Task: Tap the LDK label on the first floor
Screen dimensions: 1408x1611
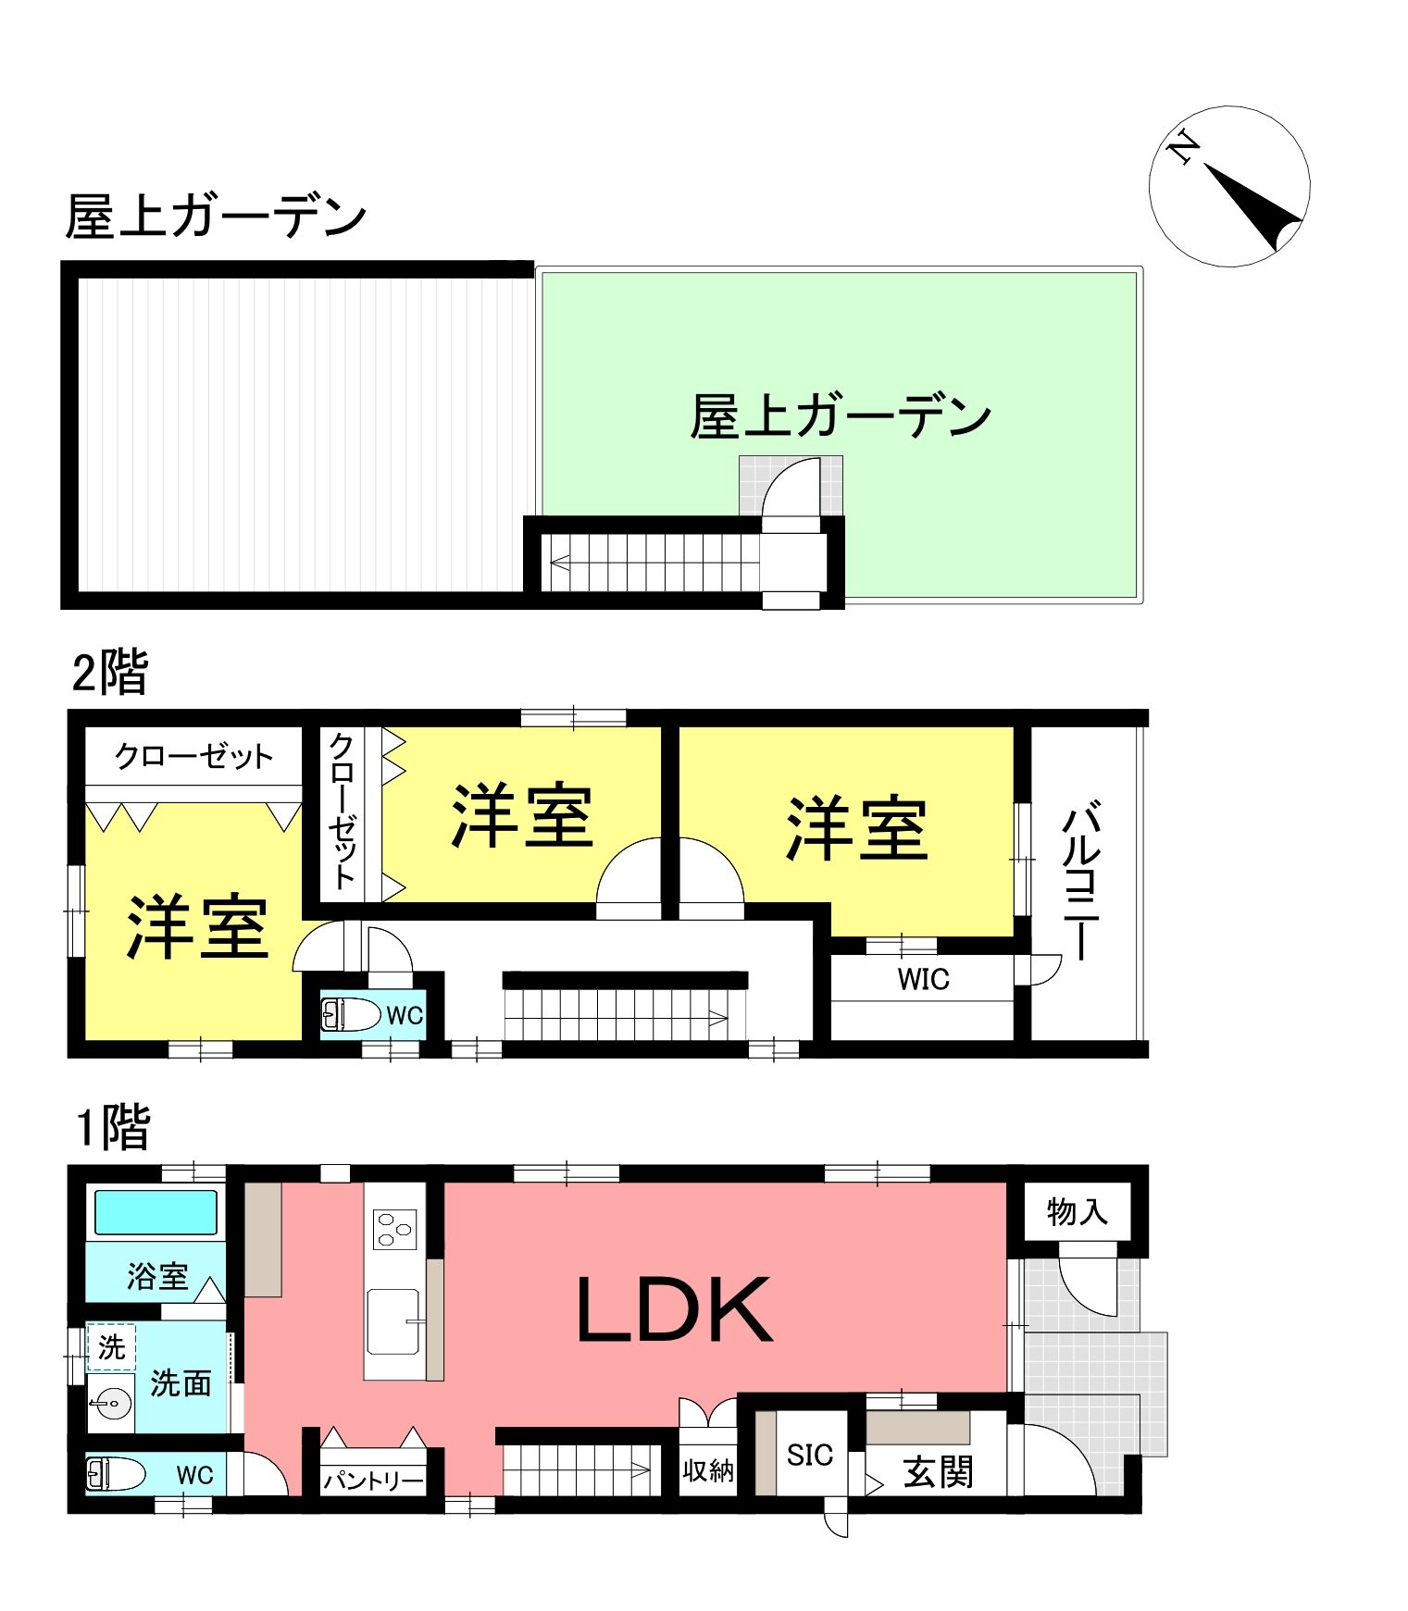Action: pos(674,1308)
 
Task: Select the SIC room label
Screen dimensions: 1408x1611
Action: pos(810,1455)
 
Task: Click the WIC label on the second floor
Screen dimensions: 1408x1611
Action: pos(923,979)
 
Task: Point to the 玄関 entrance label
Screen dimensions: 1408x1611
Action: pos(938,1472)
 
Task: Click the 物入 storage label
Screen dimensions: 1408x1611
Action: pos(1077,1210)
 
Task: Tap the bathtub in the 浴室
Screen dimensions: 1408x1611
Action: pos(156,1212)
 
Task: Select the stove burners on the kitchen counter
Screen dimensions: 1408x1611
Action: pos(394,1230)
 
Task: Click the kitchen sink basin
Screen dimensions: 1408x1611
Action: pos(393,1320)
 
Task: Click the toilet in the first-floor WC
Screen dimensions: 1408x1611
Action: pos(116,1473)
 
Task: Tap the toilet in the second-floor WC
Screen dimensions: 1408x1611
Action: pos(351,1014)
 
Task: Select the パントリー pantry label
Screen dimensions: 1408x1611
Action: pos(374,1481)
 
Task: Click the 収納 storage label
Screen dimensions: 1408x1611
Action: pos(708,1470)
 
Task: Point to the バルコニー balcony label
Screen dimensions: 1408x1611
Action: pos(1081,884)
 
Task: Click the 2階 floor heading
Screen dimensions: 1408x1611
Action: pos(110,673)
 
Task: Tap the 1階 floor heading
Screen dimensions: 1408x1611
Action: pos(113,1127)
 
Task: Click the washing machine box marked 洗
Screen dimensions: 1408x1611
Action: pos(111,1347)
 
